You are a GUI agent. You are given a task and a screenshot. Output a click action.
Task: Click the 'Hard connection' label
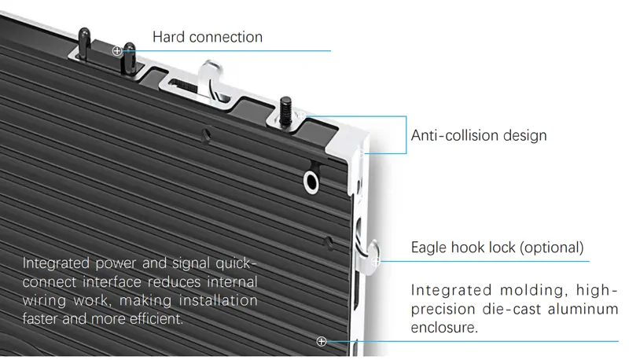point(208,37)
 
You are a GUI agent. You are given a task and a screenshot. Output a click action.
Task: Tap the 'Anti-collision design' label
point(479,135)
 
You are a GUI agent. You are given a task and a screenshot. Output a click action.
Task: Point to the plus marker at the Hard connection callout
point(117,51)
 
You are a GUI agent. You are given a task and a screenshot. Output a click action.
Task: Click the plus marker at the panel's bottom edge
point(321,341)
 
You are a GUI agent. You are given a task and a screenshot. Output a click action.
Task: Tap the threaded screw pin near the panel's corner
point(285,109)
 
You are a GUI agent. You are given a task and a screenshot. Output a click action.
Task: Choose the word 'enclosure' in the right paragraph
point(443,328)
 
